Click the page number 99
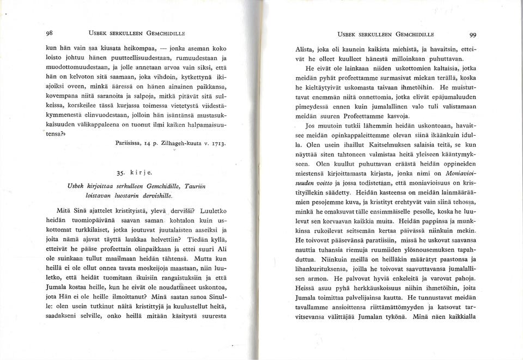472,34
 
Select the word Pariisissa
130,144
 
